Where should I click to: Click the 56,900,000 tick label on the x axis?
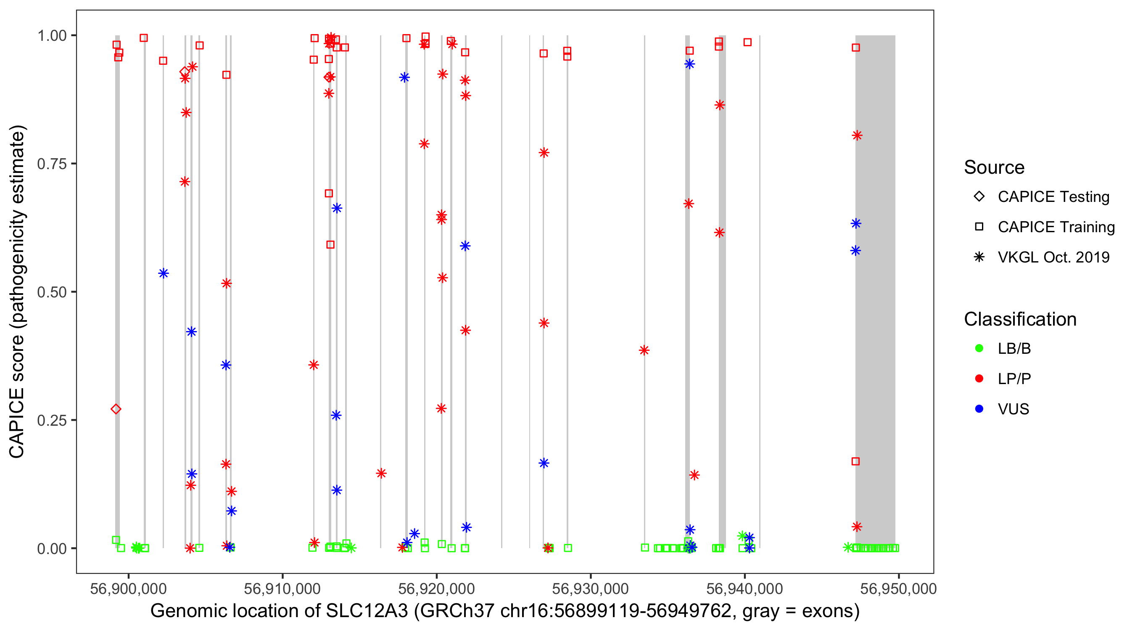tap(128, 588)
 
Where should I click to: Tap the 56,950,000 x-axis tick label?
tap(898, 588)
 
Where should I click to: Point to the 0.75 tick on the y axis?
tap(52, 164)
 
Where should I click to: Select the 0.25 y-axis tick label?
tap(52, 420)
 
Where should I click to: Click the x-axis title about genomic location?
tap(504, 611)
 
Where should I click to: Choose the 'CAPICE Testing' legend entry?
tap(1053, 197)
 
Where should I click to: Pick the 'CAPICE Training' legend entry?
tap(1056, 227)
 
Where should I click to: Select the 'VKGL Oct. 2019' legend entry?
tap(1053, 257)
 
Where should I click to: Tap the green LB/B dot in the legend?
tap(979, 348)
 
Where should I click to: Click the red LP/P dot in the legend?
tap(979, 379)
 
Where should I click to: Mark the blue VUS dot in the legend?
tap(979, 409)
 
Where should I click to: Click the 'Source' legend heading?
tap(994, 167)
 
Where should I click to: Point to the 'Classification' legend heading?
tap(1019, 319)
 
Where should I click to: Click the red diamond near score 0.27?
tap(116, 409)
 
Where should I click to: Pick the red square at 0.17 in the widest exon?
tap(855, 461)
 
